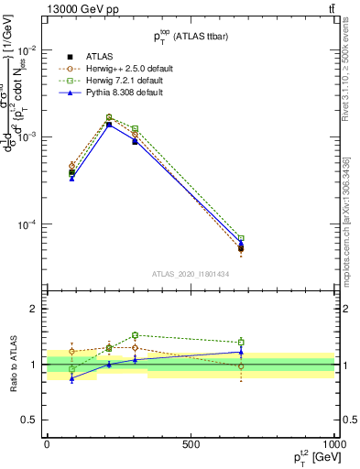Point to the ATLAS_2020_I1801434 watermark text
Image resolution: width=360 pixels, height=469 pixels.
(191, 274)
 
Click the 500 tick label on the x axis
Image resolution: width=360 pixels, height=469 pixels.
(191, 444)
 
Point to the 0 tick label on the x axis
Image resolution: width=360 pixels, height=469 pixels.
(47, 444)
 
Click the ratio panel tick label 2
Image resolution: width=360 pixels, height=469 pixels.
(35, 310)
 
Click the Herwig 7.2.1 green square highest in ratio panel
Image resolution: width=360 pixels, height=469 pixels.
(135, 335)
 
